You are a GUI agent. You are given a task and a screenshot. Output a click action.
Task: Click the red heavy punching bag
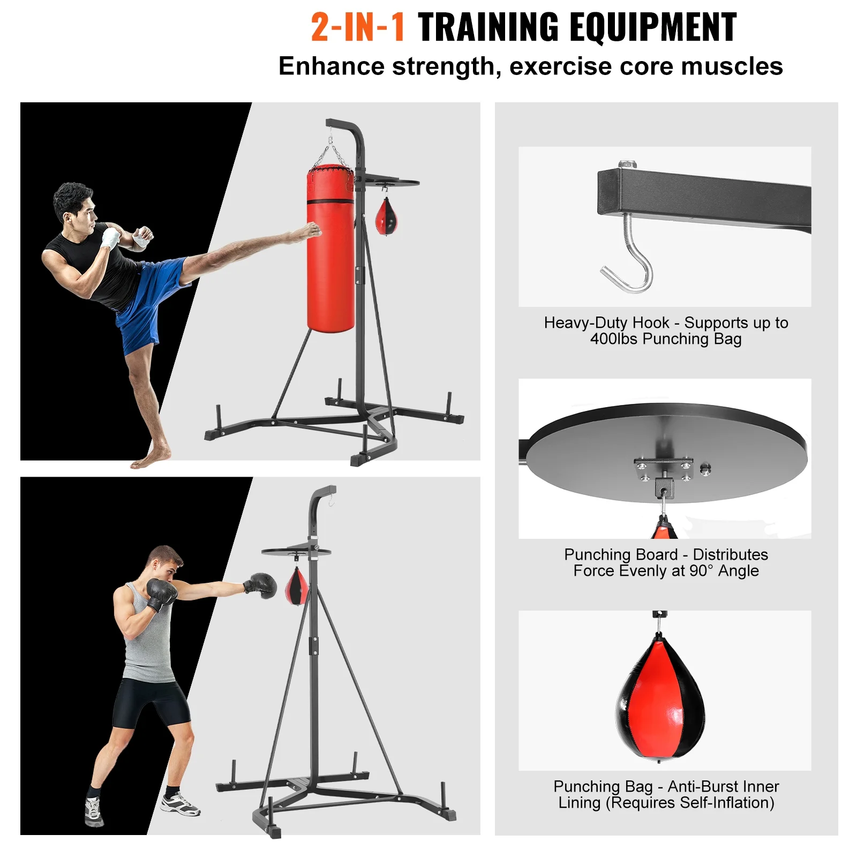coord(330,252)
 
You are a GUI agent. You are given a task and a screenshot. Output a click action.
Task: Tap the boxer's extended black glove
coord(262,584)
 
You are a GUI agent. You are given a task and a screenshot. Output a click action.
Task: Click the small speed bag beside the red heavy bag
coord(386,217)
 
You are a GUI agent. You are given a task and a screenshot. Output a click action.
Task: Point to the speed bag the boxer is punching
coord(297,587)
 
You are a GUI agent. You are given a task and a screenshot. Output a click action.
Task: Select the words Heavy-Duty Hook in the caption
coord(606,322)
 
